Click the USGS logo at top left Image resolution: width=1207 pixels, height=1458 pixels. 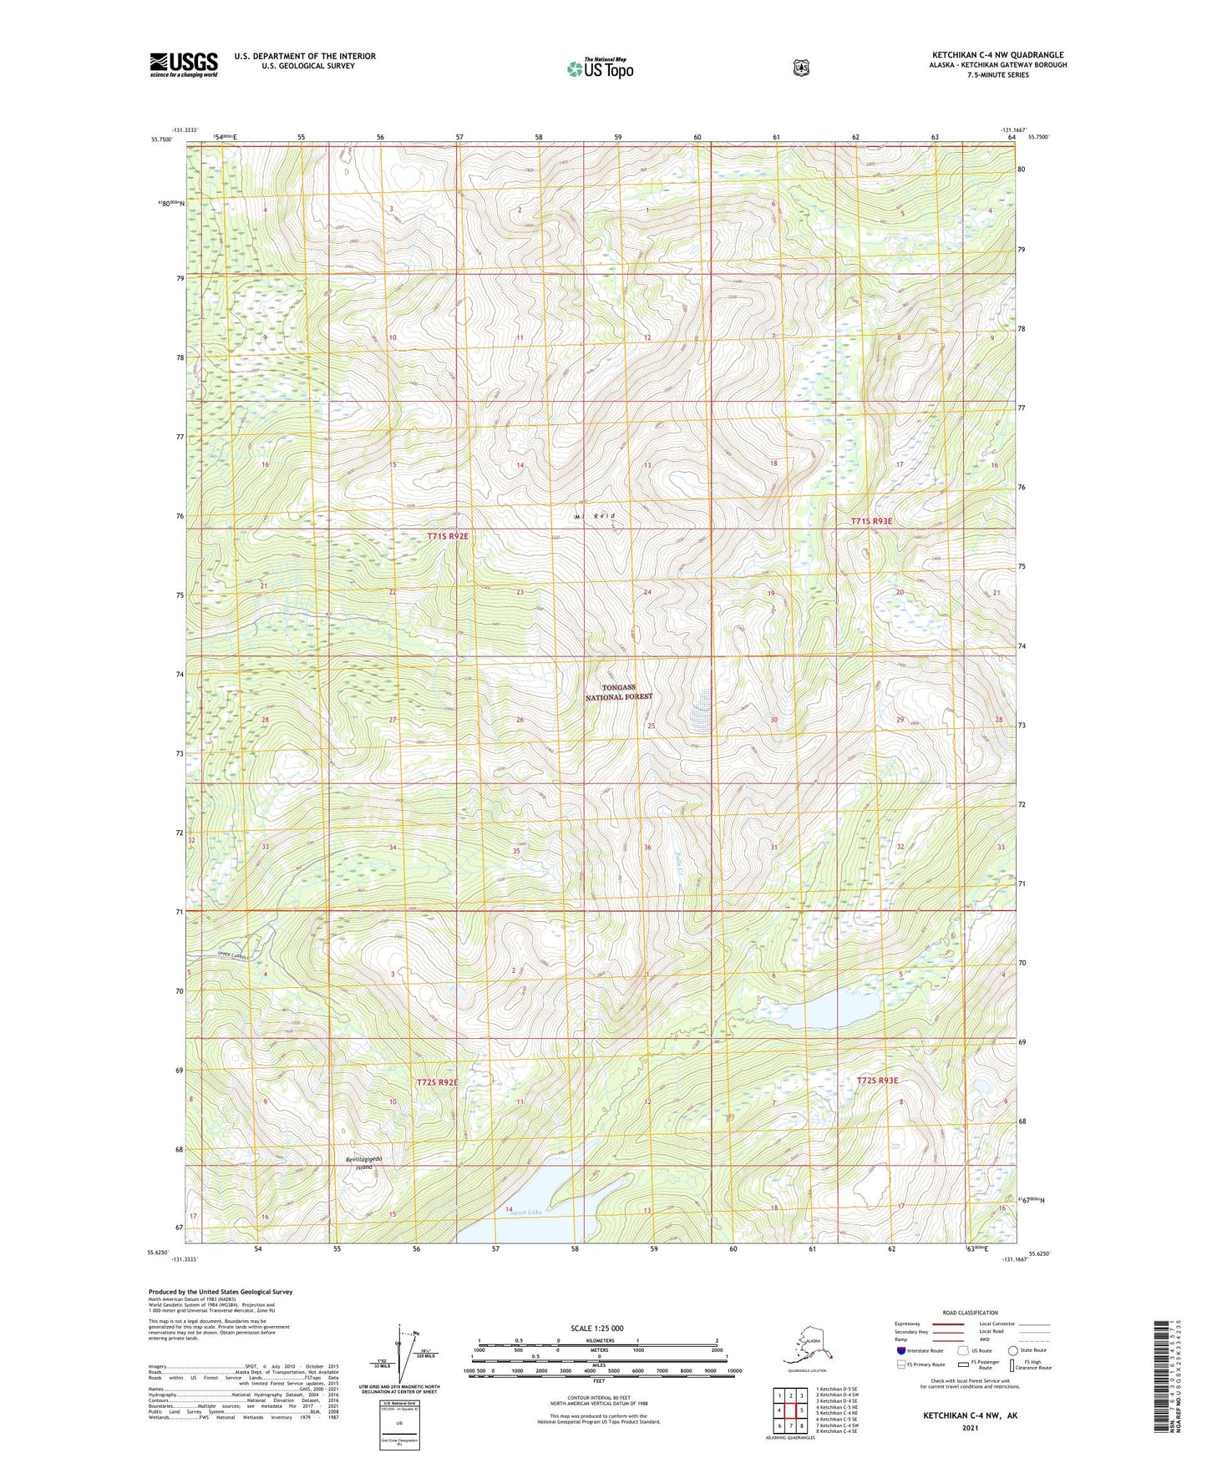pos(184,64)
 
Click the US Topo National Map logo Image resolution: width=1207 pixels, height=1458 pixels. pos(600,68)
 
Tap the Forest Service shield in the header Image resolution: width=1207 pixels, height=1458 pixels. pos(801,68)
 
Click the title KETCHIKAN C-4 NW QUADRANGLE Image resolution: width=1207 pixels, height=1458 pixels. pos(997,55)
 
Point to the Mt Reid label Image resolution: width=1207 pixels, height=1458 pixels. pos(595,517)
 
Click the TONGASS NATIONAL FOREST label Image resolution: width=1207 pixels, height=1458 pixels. pos(618,692)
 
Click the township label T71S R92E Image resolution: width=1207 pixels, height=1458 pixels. pos(448,536)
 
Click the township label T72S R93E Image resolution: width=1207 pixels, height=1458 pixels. pos(878,1081)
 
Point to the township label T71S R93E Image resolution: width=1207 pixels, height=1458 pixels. pos(871,521)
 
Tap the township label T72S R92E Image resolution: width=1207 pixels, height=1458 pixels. pos(437,1082)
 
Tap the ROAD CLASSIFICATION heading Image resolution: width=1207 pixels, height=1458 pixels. pos(970,1313)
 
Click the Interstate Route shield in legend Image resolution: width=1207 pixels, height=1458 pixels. pos(900,1350)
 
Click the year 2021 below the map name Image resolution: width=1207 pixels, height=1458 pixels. pos(970,1427)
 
